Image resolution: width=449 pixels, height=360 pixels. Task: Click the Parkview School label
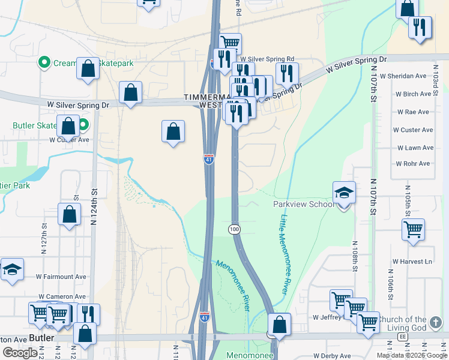(x=303, y=204)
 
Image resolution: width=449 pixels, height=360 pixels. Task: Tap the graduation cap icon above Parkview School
(x=344, y=193)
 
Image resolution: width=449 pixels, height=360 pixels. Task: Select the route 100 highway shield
(x=234, y=229)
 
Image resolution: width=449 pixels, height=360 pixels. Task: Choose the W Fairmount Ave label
(x=61, y=277)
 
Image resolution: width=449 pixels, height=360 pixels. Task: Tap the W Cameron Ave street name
(x=62, y=296)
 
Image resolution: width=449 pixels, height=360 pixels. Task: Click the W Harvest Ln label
(x=412, y=262)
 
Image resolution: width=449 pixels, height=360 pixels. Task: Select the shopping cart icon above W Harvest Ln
(x=413, y=229)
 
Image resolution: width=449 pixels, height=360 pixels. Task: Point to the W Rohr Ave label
(x=413, y=164)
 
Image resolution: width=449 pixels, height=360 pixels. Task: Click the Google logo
(x=20, y=353)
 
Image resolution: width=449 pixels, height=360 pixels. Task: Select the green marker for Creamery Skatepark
(x=44, y=62)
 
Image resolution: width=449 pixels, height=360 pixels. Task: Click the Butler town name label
(x=42, y=338)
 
